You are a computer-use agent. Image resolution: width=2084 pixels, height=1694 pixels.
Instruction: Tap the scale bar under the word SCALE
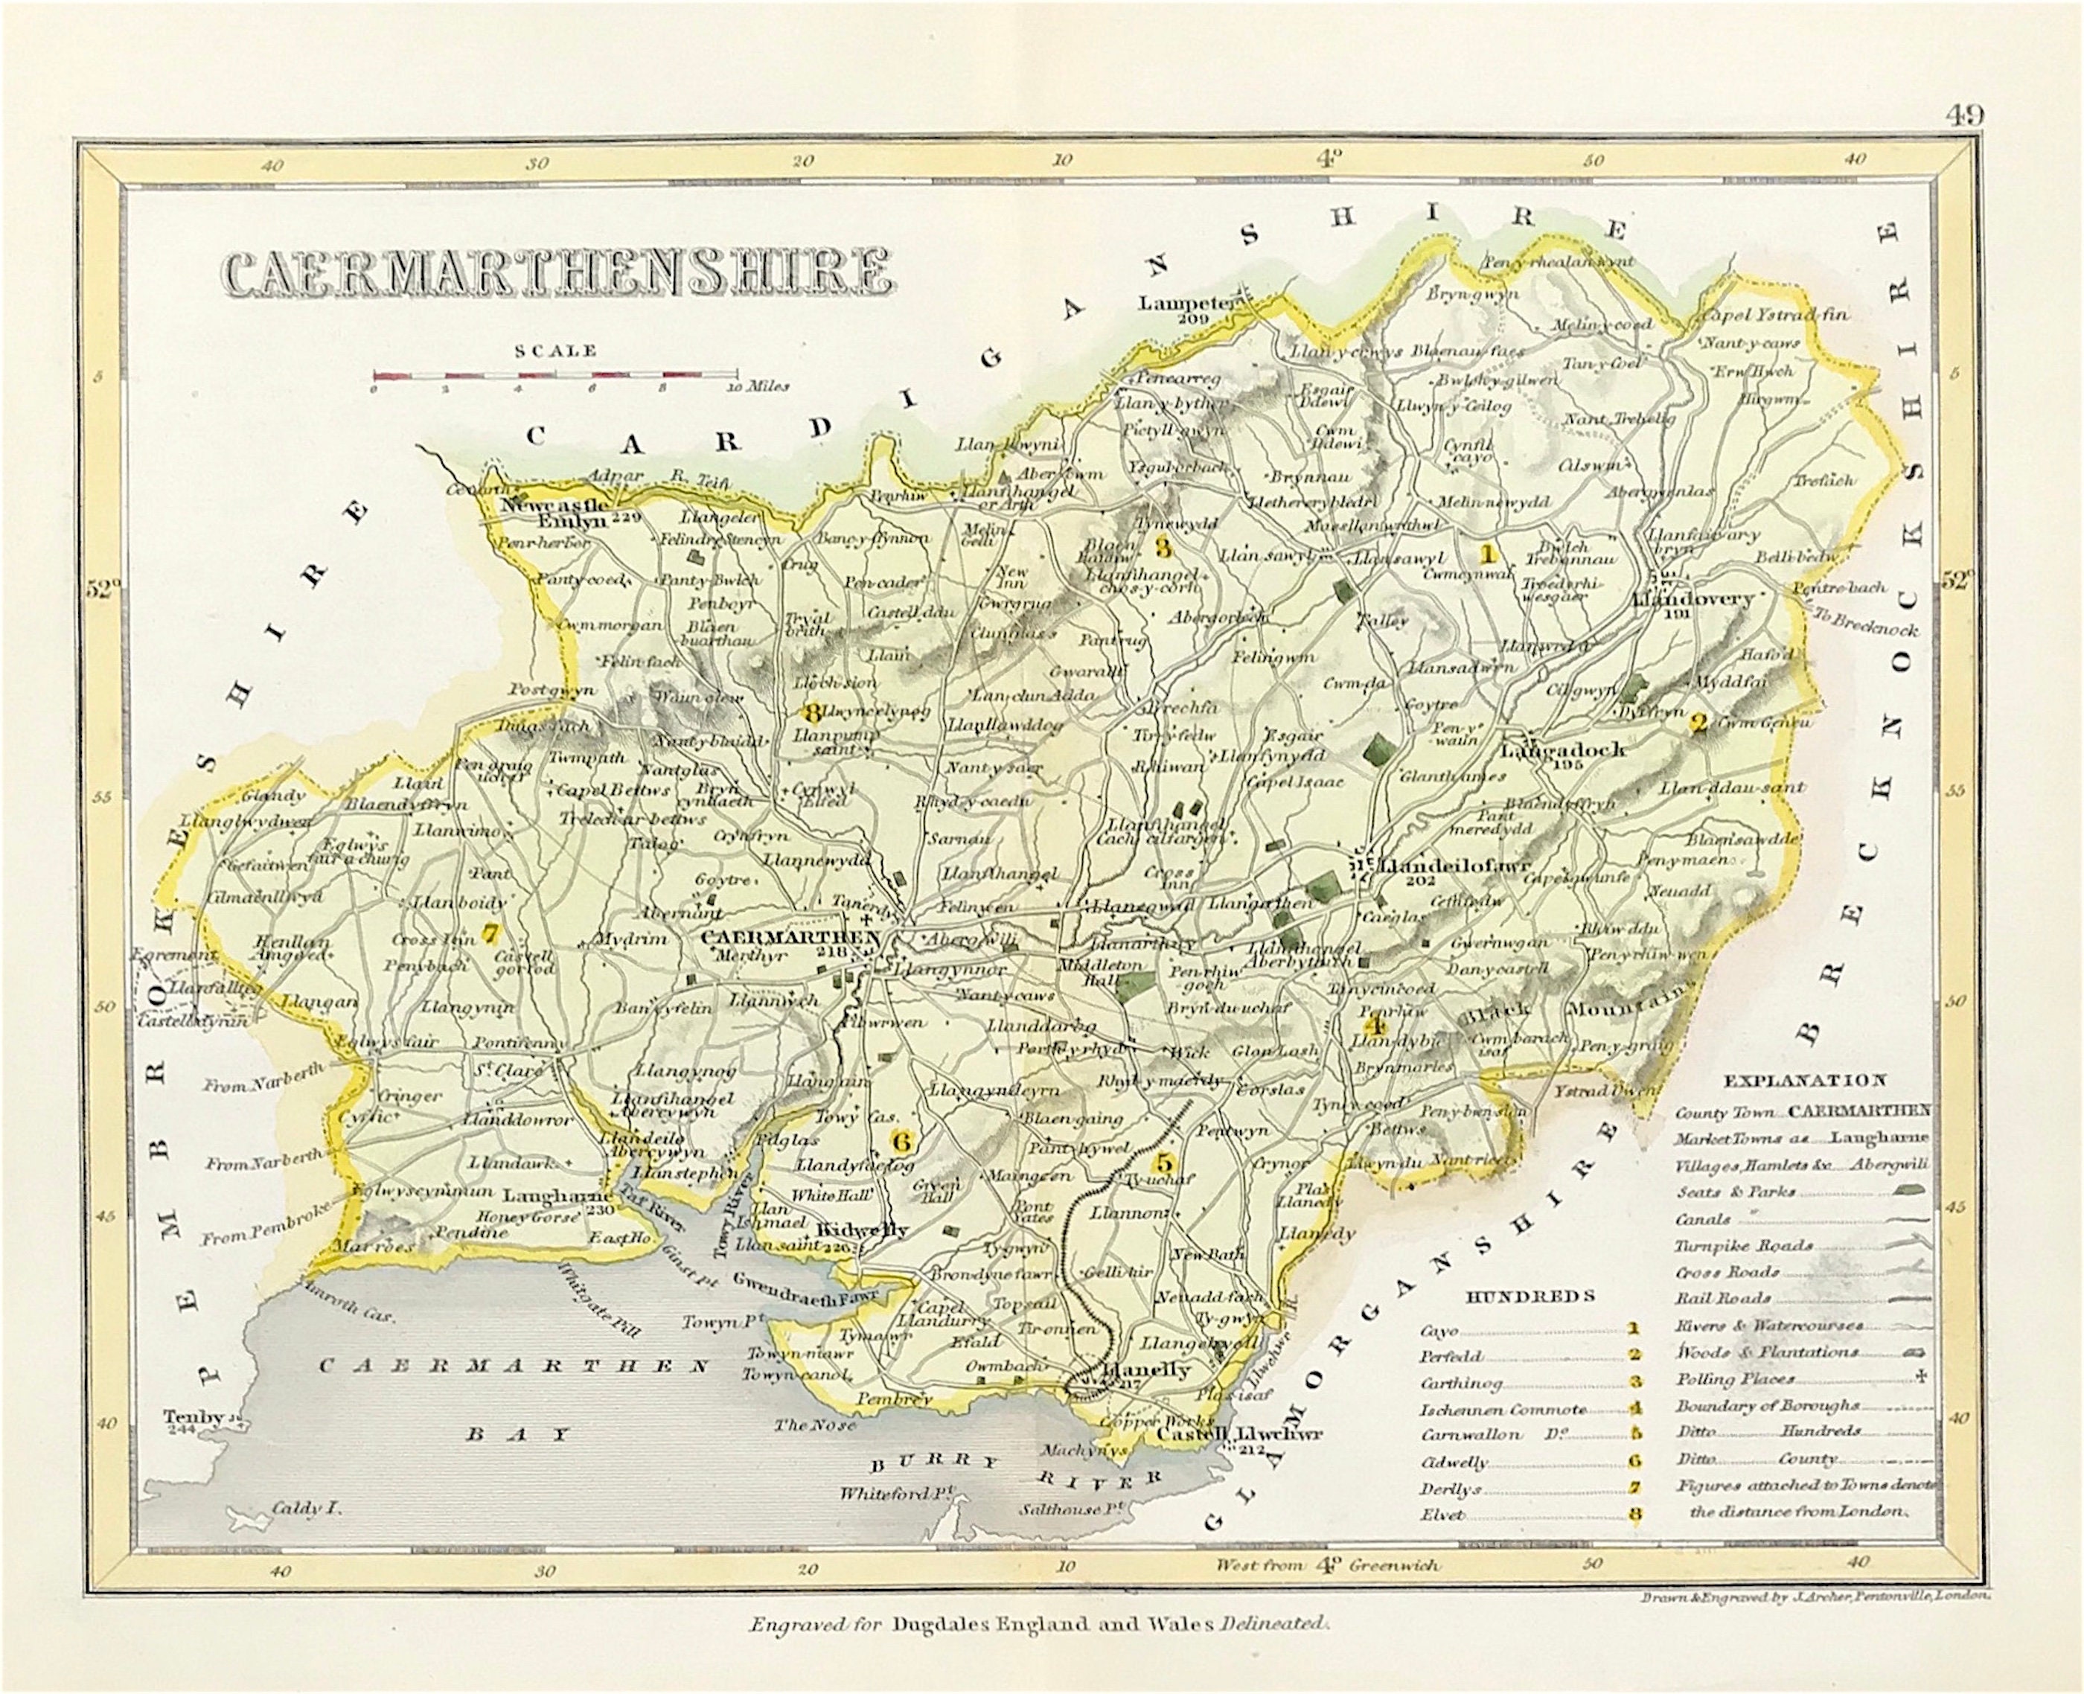[x=554, y=374]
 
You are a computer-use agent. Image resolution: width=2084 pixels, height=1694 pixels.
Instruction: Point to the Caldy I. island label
[x=304, y=1508]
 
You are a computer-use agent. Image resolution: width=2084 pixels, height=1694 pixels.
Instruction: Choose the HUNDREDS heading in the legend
[x=1530, y=1297]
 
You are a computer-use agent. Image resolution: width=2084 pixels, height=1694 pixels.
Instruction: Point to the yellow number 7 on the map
[x=490, y=933]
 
